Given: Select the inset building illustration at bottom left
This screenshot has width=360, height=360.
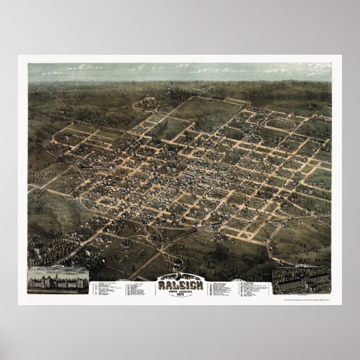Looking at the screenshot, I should pos(58,280).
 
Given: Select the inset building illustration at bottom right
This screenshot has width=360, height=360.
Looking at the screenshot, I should pos(301,280).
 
